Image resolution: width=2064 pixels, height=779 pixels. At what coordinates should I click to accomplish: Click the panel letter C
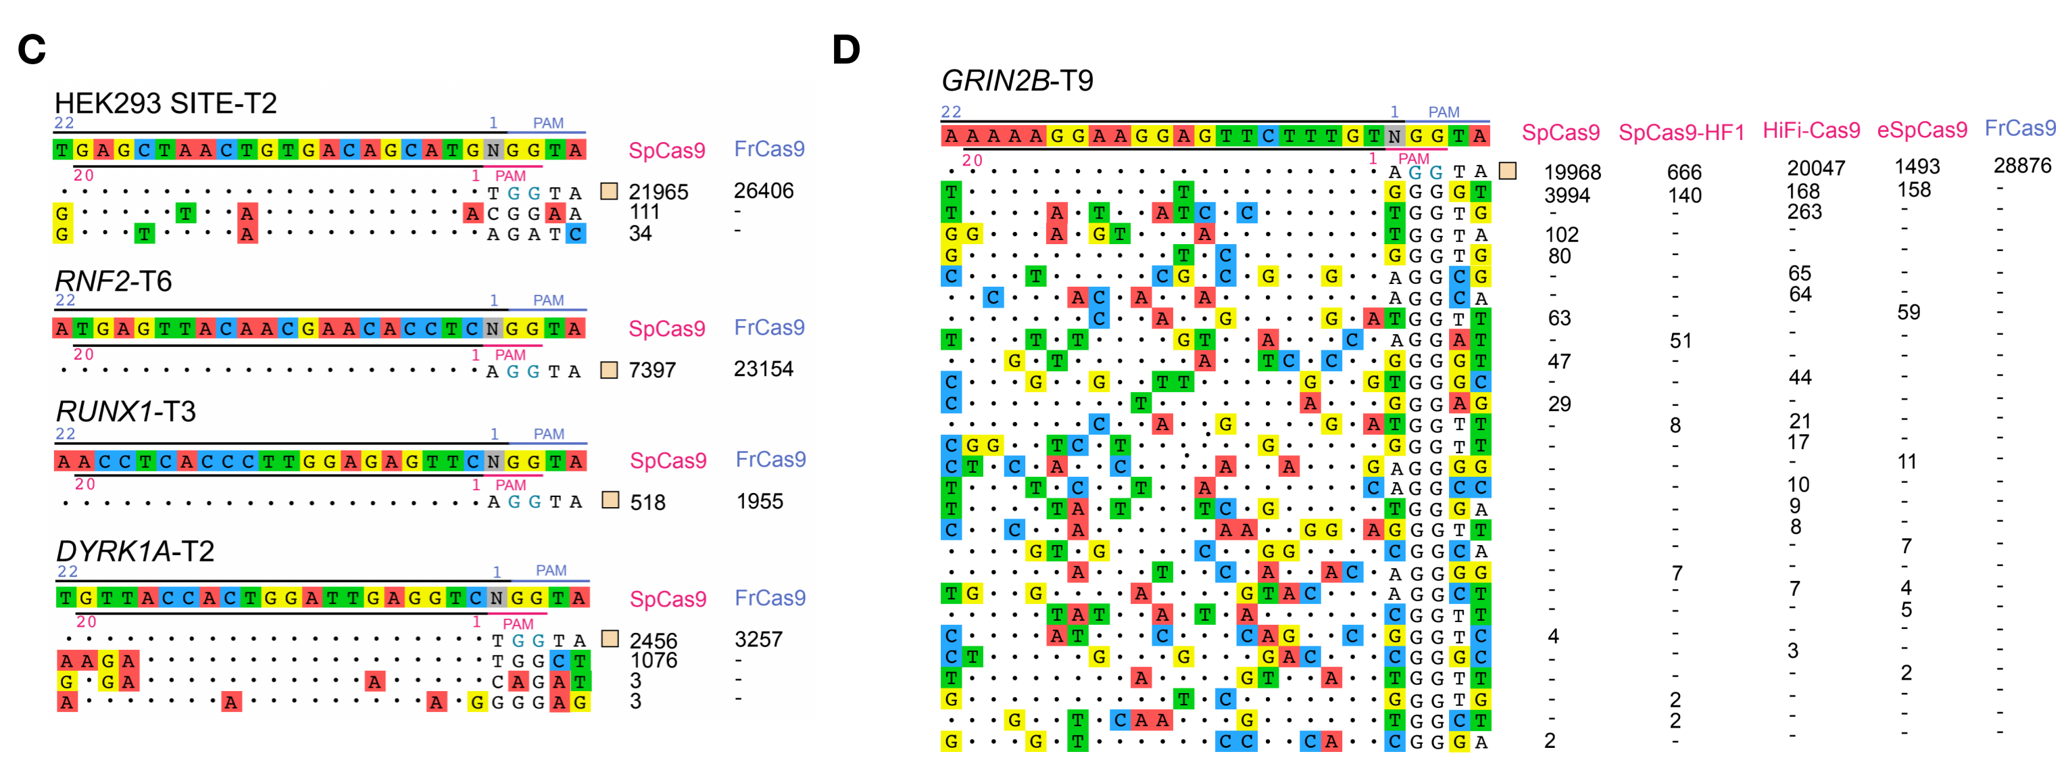pos(32,49)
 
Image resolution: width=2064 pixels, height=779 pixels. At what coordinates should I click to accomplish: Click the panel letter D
pos(846,49)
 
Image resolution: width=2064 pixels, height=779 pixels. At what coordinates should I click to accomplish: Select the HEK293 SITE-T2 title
pos(165,103)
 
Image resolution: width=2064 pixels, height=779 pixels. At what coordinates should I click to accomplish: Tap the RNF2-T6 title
pos(113,281)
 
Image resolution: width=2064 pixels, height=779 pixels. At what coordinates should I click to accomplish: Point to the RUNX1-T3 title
pos(126,412)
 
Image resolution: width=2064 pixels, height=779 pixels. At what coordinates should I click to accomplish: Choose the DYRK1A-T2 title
pos(134,551)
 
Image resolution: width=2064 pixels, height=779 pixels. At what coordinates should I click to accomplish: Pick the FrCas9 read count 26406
pos(764,191)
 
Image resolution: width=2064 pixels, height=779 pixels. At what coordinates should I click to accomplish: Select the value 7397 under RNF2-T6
pos(652,371)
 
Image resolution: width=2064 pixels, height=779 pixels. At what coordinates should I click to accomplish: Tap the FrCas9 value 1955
pos(760,502)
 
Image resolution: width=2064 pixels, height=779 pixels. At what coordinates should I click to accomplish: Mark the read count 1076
pos(654,661)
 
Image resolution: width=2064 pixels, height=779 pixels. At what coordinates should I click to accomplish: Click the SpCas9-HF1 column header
pos(1681,133)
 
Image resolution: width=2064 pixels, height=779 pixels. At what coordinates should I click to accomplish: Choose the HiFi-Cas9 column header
pos(1811,130)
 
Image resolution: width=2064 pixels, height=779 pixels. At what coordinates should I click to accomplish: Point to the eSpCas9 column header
pos(1921,130)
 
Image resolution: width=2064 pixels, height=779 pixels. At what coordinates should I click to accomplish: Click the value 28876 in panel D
pos(2022,166)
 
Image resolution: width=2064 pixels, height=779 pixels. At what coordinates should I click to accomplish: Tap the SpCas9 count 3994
pos(1567,195)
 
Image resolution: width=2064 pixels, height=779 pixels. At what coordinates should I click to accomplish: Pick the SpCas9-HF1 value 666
pos(1684,172)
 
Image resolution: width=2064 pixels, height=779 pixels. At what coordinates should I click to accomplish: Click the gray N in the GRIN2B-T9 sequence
pos(1394,136)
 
